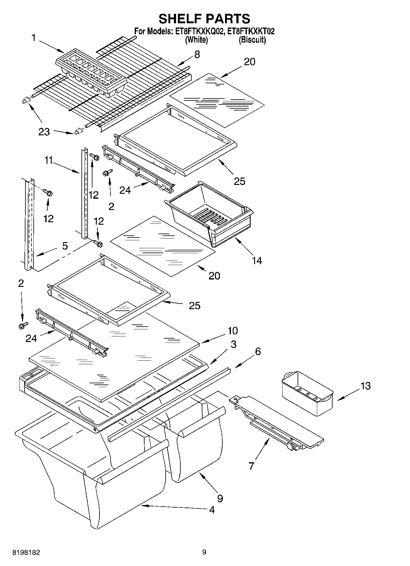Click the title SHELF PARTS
(x=204, y=19)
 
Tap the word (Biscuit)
(x=252, y=40)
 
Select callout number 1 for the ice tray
(x=34, y=38)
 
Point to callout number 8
(x=197, y=54)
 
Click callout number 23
(x=44, y=132)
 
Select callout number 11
(x=49, y=160)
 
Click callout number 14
(x=257, y=261)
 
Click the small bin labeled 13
(x=307, y=393)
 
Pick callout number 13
(x=365, y=386)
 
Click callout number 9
(x=220, y=498)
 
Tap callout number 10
(x=232, y=331)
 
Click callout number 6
(x=258, y=351)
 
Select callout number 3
(x=233, y=344)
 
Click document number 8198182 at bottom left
(x=26, y=553)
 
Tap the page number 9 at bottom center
(x=204, y=552)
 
